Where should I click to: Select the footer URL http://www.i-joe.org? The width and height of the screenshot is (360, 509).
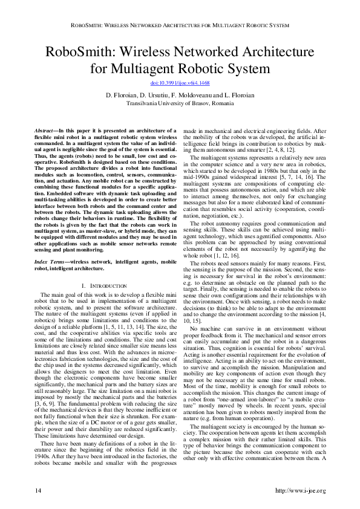point(300,490)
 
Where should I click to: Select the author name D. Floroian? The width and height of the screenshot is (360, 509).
point(123,96)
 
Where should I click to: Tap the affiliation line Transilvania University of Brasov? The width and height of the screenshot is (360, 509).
point(180,103)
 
